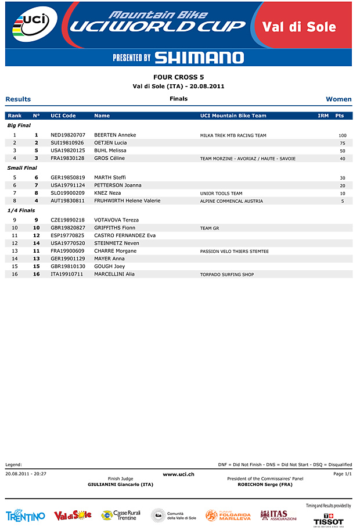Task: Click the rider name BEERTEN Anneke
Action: (x=115, y=135)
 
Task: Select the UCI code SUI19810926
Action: (x=67, y=143)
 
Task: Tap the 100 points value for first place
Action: (x=343, y=135)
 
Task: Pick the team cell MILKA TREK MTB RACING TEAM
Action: (x=233, y=135)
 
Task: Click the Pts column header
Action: (x=340, y=116)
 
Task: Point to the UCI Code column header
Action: (x=63, y=116)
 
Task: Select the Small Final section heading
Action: (x=22, y=168)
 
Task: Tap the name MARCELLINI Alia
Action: (x=114, y=274)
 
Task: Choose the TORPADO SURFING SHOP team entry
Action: (x=227, y=274)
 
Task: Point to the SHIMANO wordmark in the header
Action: (x=199, y=58)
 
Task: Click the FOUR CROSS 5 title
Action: (x=178, y=77)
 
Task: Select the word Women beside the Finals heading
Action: (x=339, y=99)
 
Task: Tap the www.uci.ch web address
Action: (x=178, y=475)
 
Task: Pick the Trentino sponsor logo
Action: (x=25, y=516)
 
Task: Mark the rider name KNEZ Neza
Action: (x=107, y=193)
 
